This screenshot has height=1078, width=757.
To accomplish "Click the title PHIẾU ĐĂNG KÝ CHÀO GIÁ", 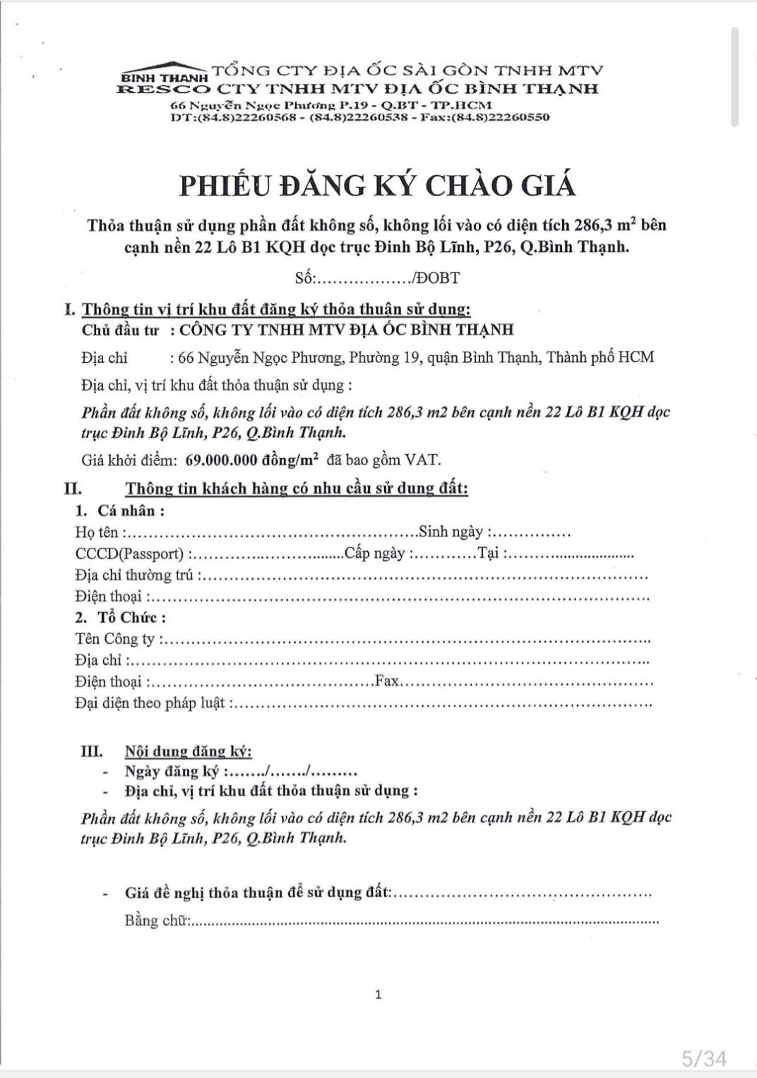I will pos(378,185).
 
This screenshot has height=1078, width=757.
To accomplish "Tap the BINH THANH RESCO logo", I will pos(165,83).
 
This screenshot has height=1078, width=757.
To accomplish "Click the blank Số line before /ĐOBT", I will pos(363,278).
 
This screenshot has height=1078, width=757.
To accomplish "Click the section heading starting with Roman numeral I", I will pos(268,309).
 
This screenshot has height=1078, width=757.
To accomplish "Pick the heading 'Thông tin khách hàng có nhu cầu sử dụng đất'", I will pos(297,489).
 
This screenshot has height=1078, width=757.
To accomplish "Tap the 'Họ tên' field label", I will pos(97,532).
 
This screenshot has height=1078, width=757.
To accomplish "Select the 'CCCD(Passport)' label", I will pos(129,553).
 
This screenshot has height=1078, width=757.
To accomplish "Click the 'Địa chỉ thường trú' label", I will pos(134,575).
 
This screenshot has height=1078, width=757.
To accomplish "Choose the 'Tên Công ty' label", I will pos(115,639).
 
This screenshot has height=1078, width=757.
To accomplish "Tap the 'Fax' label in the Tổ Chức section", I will pos(387,681).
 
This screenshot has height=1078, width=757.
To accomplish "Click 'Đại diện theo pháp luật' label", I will pos(150,703).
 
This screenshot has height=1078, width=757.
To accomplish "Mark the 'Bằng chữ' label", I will pos(155,921).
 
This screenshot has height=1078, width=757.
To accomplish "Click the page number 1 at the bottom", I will pos(378,995).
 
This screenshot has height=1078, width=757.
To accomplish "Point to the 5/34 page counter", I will pos(703,1058).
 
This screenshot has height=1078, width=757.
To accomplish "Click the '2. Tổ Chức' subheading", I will pos(121,618).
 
